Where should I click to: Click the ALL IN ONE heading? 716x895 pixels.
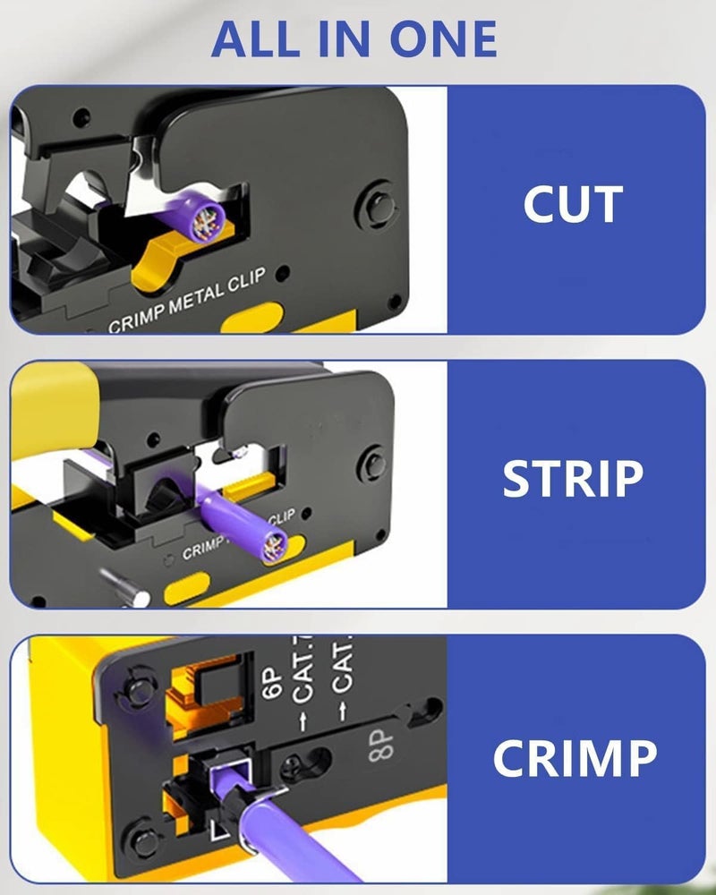(x=354, y=39)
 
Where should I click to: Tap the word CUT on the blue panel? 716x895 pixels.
(x=573, y=205)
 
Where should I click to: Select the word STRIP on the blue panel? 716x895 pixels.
(x=573, y=480)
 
